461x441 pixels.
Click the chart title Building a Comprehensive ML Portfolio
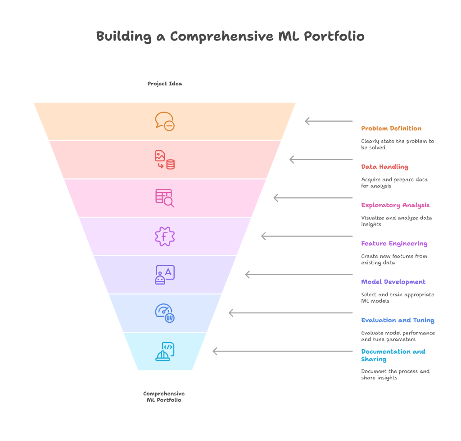click(230, 36)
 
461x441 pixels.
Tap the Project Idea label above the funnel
click(165, 84)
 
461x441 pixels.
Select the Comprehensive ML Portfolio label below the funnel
click(164, 396)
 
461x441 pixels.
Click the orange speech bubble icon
click(165, 121)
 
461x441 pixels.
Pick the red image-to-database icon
click(165, 160)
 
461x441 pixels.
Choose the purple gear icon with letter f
click(165, 236)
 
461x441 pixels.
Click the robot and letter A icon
click(165, 275)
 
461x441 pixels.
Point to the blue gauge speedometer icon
click(165, 313)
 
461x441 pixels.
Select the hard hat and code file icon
click(165, 352)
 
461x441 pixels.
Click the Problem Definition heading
click(391, 129)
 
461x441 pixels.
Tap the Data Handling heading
click(384, 167)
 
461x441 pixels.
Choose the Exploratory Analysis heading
click(395, 205)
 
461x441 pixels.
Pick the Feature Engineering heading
click(394, 244)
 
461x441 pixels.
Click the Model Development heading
click(393, 282)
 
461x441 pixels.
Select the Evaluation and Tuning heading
click(398, 321)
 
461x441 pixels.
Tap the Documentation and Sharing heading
click(393, 355)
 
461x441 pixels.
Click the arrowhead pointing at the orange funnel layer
click(307, 121)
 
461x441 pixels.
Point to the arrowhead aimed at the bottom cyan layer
click(215, 352)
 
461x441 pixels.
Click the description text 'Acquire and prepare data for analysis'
click(394, 183)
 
